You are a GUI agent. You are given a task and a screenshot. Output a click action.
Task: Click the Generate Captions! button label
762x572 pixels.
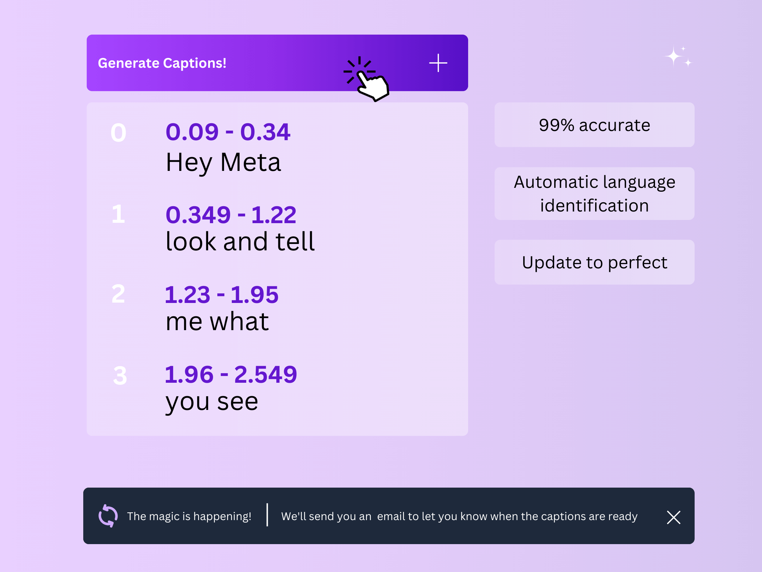click(162, 63)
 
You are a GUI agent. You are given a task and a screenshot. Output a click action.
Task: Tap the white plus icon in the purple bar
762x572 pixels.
click(438, 63)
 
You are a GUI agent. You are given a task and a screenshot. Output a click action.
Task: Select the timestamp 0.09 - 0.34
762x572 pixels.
click(228, 132)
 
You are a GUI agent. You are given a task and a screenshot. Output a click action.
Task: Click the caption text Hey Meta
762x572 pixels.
click(223, 163)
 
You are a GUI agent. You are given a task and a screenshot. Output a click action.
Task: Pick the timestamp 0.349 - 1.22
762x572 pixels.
click(231, 215)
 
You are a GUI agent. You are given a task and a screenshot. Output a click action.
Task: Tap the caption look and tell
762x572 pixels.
click(240, 242)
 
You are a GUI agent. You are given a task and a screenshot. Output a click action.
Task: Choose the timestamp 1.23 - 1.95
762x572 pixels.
click(222, 294)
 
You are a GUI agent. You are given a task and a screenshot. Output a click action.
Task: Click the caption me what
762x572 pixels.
click(217, 322)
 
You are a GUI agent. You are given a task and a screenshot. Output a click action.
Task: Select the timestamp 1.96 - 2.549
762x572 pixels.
click(231, 374)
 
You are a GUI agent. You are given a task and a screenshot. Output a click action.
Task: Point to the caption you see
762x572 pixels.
click(212, 402)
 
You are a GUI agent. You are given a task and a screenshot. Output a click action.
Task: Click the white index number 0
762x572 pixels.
click(119, 133)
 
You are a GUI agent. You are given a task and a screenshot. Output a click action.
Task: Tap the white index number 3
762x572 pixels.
click(120, 375)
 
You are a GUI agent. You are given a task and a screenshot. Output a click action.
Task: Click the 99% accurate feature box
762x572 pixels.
click(594, 125)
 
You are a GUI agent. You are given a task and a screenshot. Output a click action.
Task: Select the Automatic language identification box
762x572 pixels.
click(594, 193)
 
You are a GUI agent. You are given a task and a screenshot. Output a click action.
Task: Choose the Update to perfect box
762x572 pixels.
click(594, 262)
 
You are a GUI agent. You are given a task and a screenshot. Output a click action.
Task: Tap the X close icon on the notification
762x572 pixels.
click(673, 517)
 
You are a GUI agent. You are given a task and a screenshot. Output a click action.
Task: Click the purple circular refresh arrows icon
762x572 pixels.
click(108, 516)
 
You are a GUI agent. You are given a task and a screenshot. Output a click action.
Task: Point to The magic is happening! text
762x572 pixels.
click(189, 516)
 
